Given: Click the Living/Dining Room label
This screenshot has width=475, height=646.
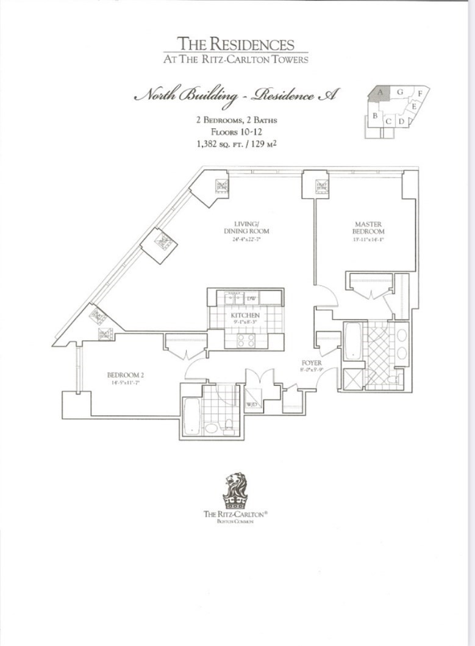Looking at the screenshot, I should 247,228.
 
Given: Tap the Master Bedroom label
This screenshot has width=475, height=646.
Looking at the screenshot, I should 368,228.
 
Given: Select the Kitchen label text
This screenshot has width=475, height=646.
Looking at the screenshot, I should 246,315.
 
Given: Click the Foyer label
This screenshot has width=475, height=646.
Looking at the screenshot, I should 311,363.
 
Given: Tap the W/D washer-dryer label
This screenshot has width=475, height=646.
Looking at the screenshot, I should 251,404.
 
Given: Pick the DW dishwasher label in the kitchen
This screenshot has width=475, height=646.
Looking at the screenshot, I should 251,299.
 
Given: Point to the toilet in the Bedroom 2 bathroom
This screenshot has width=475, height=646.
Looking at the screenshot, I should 229,425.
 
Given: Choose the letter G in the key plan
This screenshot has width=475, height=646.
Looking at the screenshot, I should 400,92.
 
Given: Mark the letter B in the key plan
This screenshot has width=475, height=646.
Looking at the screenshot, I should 376,115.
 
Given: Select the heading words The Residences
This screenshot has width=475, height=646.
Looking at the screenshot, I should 235,44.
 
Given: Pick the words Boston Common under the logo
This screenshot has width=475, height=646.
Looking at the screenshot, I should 235,522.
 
